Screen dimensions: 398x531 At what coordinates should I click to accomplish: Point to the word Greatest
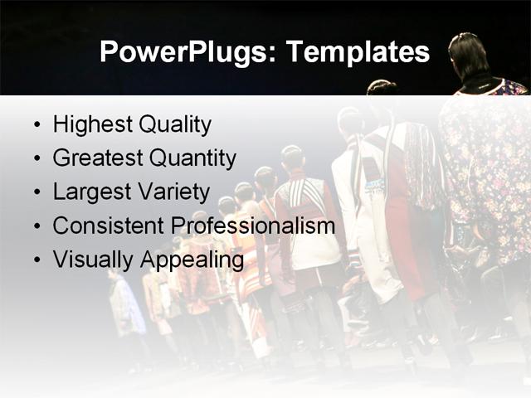point(97,158)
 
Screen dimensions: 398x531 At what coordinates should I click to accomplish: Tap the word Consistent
point(109,226)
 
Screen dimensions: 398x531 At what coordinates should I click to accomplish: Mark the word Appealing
point(192,260)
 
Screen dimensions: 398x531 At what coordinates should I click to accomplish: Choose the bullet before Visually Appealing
point(36,260)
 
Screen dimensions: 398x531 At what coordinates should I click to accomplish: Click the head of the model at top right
point(470,54)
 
